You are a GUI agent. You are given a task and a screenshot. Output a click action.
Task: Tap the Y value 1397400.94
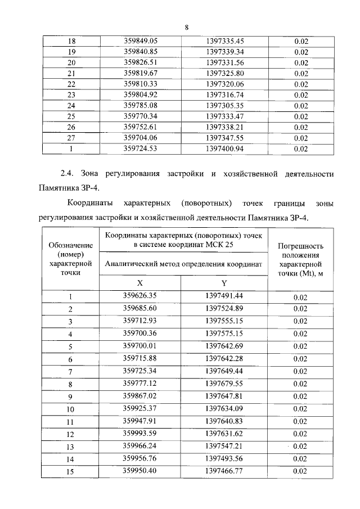224,149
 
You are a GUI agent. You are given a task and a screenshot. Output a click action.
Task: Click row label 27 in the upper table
71,138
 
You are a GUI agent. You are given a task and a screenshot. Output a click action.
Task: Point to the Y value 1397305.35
224,106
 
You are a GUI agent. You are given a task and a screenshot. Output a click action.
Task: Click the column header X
140,283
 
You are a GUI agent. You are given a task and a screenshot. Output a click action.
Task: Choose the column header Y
224,283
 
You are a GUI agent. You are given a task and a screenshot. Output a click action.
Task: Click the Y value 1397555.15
224,321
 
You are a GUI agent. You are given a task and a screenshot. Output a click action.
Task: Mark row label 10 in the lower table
71,409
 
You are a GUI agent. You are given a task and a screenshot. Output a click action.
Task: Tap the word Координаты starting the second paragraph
90,202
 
